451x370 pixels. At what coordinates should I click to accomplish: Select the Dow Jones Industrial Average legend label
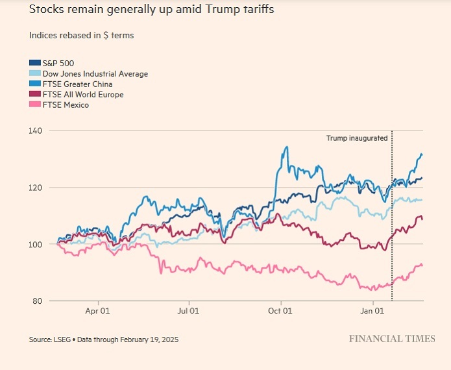point(94,73)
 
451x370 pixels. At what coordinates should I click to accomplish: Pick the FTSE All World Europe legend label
point(83,94)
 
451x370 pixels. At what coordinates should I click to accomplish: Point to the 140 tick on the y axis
point(35,130)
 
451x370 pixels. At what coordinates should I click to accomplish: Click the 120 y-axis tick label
point(35,188)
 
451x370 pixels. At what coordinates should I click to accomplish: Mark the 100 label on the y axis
point(35,245)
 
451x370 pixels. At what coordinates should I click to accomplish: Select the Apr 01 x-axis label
point(97,311)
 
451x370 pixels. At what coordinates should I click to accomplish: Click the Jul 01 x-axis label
point(189,311)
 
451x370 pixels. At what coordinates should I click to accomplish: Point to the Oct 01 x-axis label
point(280,311)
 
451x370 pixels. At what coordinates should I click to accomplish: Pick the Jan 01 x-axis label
point(373,311)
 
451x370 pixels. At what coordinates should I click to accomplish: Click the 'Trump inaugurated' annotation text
point(356,138)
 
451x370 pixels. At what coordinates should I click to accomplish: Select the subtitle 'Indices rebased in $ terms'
point(81,35)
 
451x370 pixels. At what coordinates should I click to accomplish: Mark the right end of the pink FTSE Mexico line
point(422,265)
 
